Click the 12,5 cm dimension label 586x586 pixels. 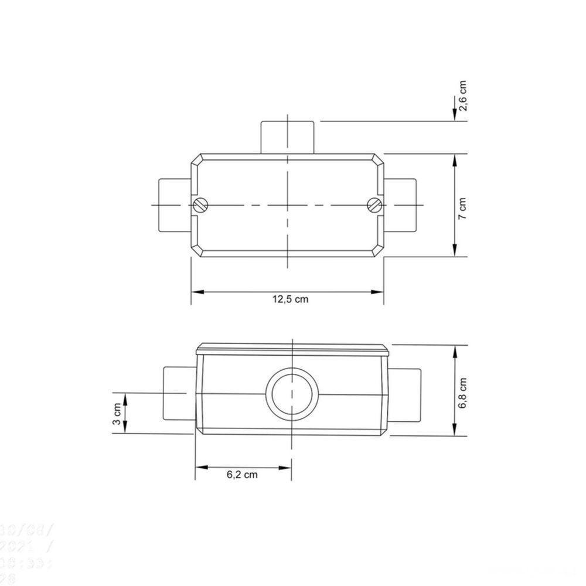[x=289, y=299]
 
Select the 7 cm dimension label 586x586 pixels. [x=462, y=206]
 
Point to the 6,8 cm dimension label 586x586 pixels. [x=462, y=392]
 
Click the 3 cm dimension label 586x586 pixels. [x=117, y=414]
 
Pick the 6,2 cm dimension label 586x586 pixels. [x=242, y=475]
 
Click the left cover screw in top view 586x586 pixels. [x=200, y=205]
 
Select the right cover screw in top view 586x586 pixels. [x=374, y=205]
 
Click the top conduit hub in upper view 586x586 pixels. [x=288, y=137]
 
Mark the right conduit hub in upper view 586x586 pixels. [x=402, y=205]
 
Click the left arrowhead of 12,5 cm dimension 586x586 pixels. [x=197, y=291]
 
